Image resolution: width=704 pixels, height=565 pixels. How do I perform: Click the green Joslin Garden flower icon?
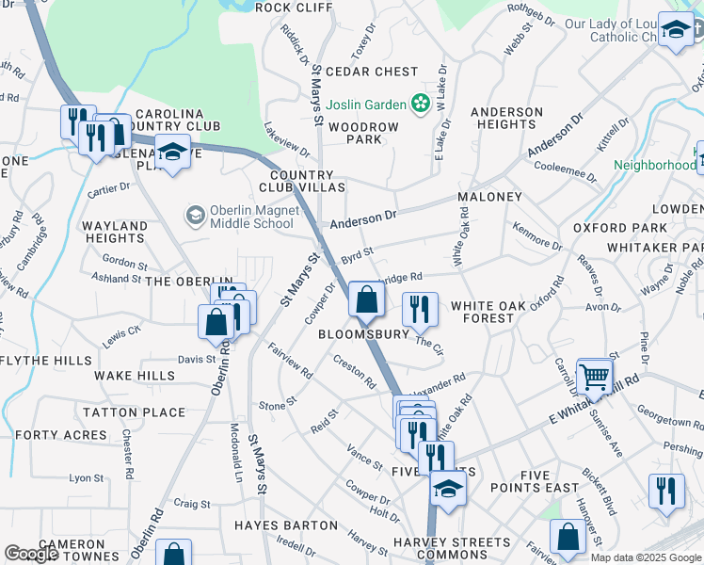(423, 104)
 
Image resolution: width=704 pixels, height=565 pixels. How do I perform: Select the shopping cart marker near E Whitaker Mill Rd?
(595, 378)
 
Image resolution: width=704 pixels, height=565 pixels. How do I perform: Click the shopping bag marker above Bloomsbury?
(366, 300)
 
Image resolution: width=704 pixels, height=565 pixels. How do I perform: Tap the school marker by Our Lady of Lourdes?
(675, 31)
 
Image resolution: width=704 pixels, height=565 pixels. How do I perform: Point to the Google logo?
(32, 554)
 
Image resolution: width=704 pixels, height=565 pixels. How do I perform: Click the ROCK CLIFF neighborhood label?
(294, 8)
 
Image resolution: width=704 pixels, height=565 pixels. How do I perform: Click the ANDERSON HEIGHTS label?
(506, 118)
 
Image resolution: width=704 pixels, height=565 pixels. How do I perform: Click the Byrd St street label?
(357, 254)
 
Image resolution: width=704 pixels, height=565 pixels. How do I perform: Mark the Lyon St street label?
(86, 478)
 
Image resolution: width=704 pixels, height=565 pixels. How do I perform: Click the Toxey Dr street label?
(362, 41)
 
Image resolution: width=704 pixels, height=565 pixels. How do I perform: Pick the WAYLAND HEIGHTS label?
(115, 233)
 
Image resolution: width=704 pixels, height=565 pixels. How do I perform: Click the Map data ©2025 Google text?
(646, 557)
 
